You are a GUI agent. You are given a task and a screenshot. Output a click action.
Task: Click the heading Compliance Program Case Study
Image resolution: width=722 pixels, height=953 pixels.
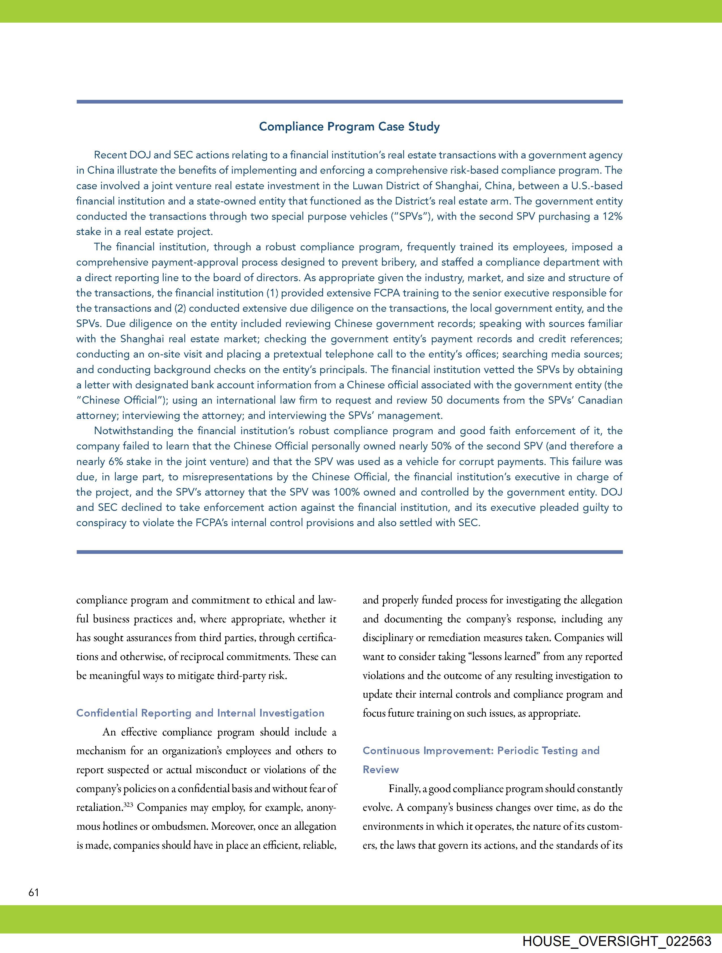click(349, 127)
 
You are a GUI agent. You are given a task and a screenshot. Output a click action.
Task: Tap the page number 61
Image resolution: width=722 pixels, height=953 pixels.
click(34, 893)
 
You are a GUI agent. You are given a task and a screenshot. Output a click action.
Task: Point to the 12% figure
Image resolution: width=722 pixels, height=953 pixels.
click(612, 216)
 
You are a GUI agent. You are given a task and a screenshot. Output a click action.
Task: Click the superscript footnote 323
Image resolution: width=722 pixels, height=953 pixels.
click(127, 804)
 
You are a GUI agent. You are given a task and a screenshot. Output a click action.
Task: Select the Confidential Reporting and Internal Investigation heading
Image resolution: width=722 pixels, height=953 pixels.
click(200, 713)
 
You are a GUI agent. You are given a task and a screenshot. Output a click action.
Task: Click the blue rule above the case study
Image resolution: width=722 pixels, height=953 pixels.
click(349, 102)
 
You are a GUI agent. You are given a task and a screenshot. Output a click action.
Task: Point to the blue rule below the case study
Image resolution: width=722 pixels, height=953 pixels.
click(349, 552)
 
